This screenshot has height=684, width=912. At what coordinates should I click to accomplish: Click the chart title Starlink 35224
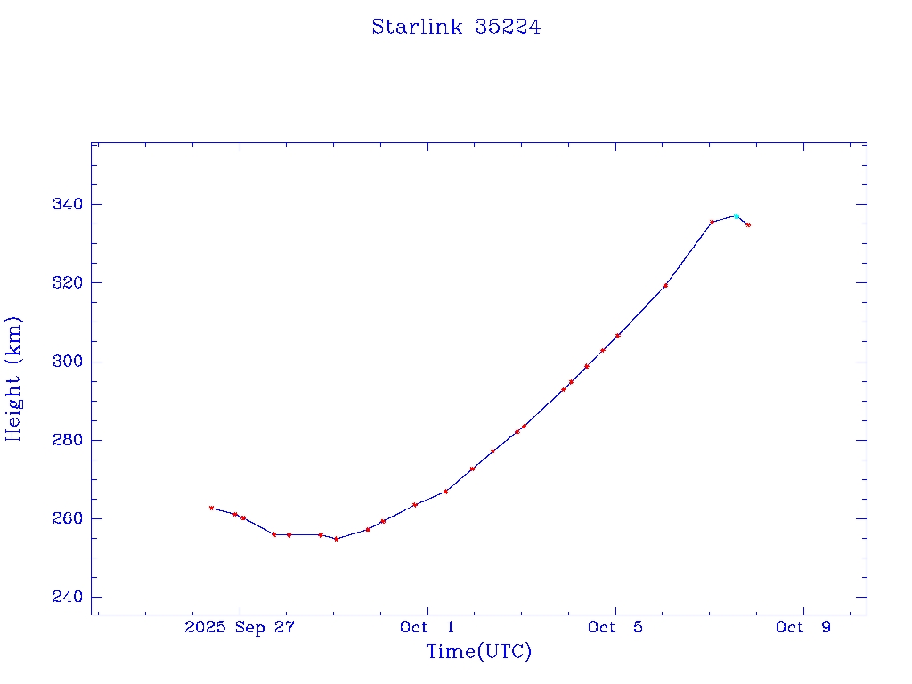(456, 27)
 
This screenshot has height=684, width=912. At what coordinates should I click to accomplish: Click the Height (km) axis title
(13, 379)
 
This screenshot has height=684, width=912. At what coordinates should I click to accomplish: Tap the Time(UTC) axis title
(478, 652)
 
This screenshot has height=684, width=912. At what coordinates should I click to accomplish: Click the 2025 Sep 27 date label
(240, 627)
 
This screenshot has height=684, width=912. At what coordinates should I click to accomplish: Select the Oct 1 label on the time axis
(427, 627)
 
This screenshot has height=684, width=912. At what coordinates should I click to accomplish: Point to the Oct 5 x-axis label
(615, 627)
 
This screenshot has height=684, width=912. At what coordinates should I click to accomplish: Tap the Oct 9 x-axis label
(803, 627)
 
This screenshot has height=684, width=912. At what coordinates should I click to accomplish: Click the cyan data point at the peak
(736, 216)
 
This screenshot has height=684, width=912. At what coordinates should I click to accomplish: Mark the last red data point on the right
(748, 225)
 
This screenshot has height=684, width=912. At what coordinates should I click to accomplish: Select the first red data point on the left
(211, 508)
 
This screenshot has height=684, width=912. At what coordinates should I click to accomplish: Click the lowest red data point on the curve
(336, 539)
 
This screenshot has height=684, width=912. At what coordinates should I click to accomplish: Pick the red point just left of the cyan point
(712, 222)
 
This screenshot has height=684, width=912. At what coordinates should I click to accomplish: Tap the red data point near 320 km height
(665, 286)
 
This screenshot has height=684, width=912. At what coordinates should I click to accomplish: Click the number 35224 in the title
(508, 27)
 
